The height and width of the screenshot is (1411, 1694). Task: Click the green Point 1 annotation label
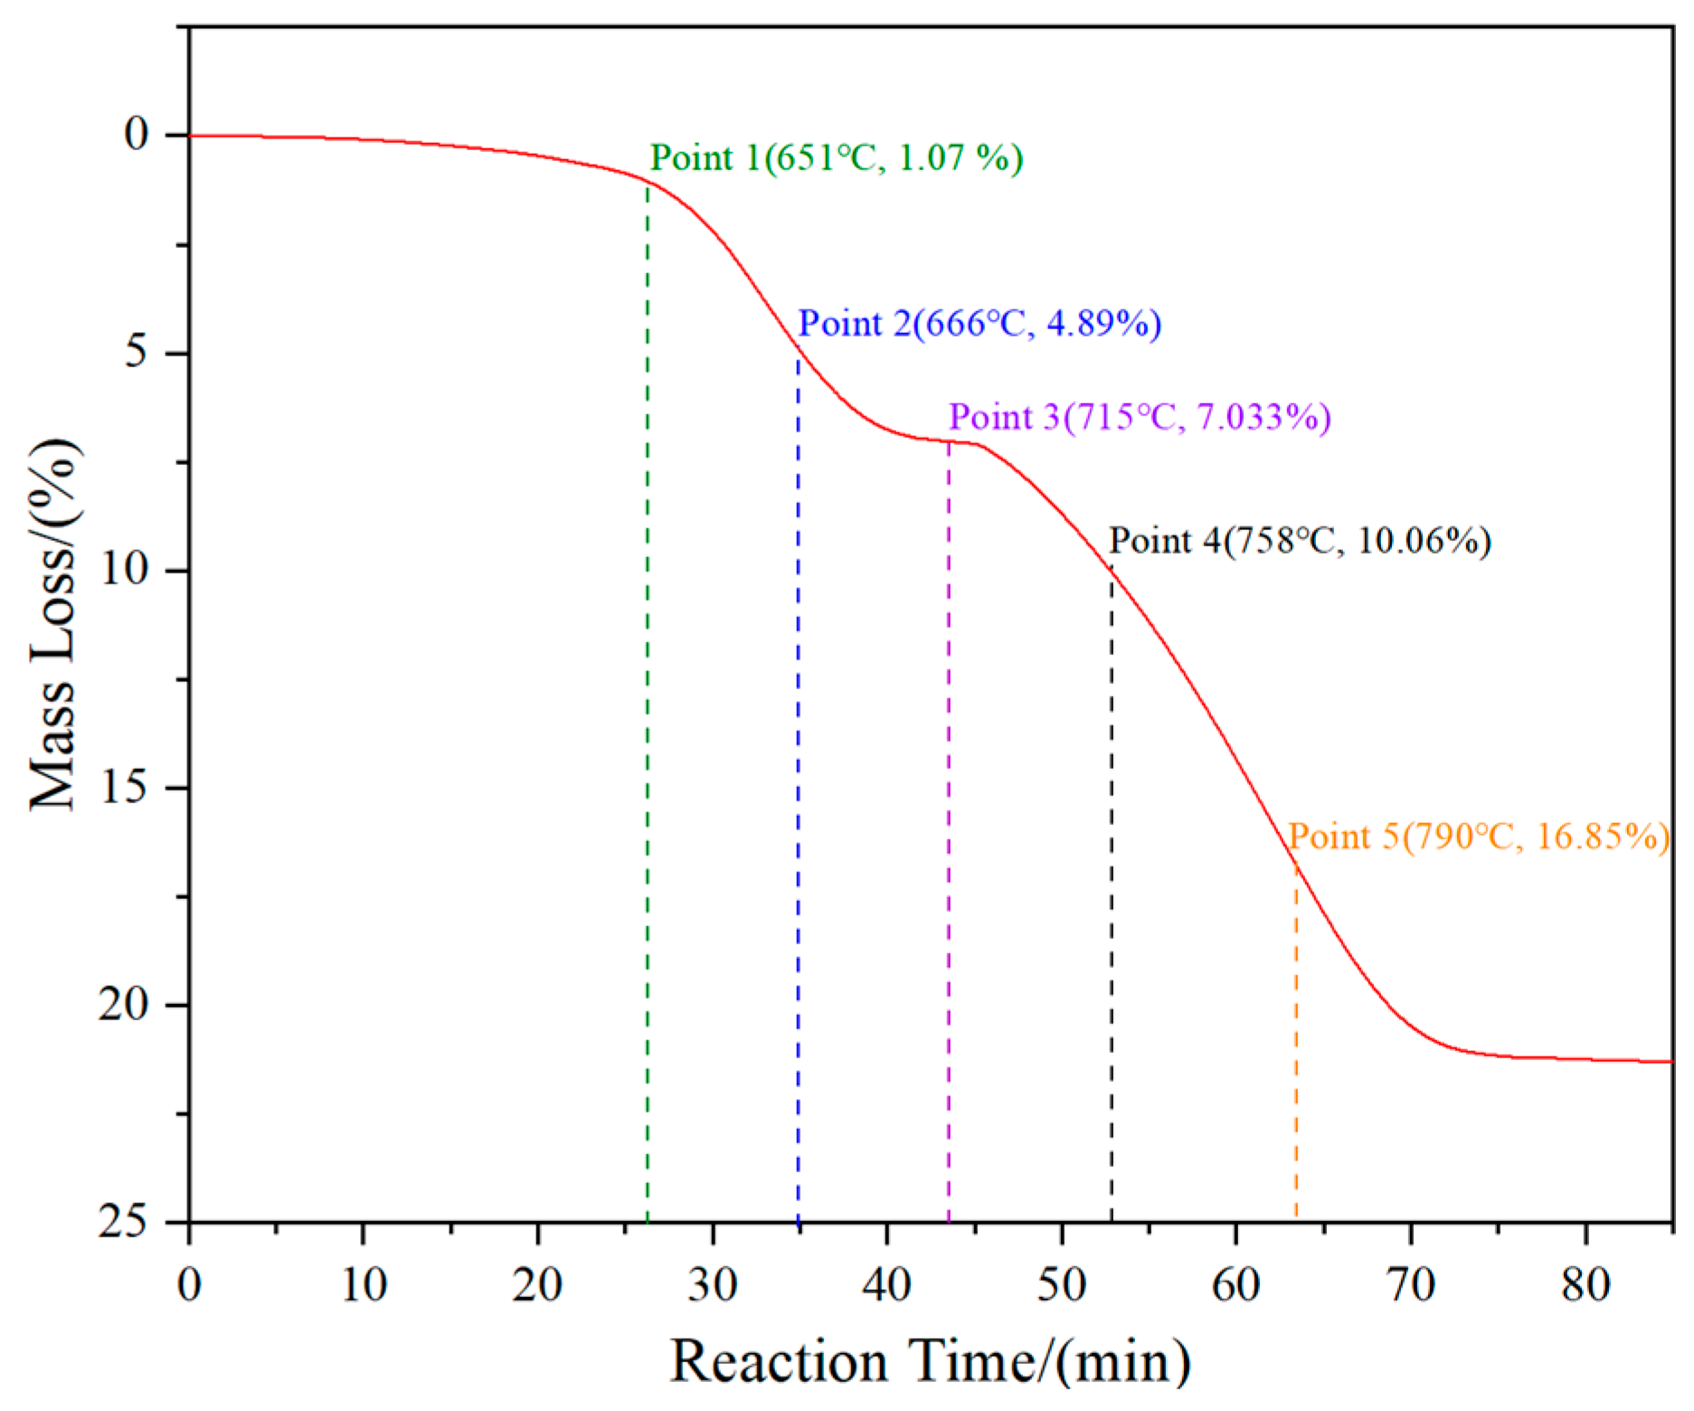click(x=837, y=158)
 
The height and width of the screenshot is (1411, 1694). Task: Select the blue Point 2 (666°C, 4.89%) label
click(x=979, y=324)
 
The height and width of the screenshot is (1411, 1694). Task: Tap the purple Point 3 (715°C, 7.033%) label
click(x=1140, y=417)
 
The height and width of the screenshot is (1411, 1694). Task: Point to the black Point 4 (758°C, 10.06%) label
click(x=1300, y=541)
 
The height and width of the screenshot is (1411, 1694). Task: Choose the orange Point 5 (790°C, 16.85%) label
click(x=1478, y=837)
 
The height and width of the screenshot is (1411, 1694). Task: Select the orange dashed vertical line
click(x=1296, y=1040)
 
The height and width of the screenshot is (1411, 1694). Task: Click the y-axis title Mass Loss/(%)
click(x=54, y=624)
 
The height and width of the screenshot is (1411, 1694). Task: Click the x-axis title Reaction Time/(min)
click(x=930, y=1360)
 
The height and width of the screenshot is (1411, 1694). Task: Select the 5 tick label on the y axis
click(x=136, y=352)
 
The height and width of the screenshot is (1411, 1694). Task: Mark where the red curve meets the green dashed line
click(x=648, y=181)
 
